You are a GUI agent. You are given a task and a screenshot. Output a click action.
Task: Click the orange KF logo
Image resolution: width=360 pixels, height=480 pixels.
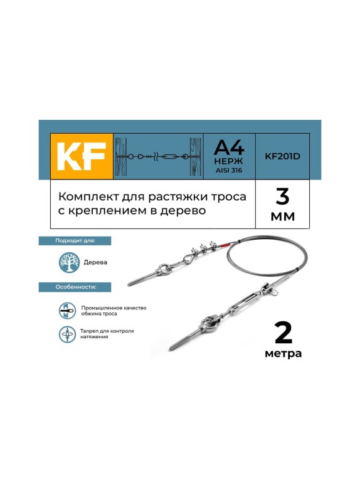82,157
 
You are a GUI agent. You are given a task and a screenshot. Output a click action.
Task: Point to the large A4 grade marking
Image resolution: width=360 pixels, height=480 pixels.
229,148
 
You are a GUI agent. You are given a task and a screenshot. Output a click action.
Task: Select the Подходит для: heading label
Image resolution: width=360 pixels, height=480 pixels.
75,241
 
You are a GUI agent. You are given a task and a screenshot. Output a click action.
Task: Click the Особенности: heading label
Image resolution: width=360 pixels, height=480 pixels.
75,287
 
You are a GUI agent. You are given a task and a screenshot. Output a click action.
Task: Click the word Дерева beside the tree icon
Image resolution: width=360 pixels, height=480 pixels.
95,263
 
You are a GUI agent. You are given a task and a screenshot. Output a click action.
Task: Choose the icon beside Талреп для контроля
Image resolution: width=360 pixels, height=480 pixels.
68,334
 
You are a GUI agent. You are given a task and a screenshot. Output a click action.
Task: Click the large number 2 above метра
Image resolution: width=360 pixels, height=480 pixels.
283,333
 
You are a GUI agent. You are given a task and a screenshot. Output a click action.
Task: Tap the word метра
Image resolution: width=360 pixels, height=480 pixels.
283,354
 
